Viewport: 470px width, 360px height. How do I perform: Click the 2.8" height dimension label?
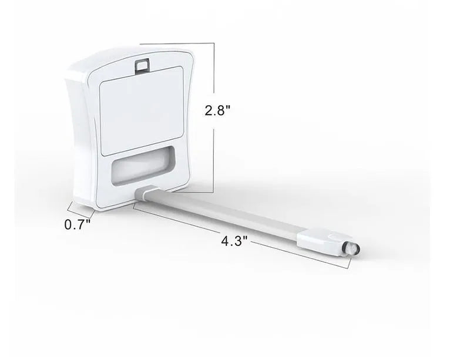[x=217, y=110]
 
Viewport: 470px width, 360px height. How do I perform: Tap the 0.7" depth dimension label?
[x=78, y=224]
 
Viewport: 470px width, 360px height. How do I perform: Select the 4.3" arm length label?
[x=234, y=241]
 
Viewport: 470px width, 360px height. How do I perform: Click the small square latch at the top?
[x=142, y=65]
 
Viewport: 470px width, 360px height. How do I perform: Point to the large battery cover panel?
[x=141, y=111]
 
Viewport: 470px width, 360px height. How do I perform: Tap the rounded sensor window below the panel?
[x=143, y=166]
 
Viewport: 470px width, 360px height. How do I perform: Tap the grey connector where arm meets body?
[x=146, y=193]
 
